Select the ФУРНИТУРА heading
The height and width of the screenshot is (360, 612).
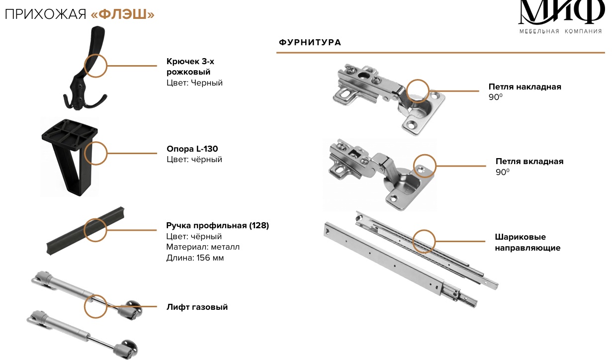[x=310, y=42]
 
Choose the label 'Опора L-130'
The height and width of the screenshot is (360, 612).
[x=192, y=149]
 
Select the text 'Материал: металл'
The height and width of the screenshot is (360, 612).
[x=203, y=247]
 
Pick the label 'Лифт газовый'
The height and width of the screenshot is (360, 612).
[x=197, y=307]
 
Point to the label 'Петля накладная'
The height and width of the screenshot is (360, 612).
[x=525, y=87]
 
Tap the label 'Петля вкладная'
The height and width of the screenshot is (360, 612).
[x=529, y=162]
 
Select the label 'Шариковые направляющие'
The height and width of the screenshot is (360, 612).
[x=527, y=242]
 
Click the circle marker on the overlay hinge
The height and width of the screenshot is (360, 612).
[x=418, y=91]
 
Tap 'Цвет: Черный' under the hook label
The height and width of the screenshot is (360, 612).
[x=194, y=83]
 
